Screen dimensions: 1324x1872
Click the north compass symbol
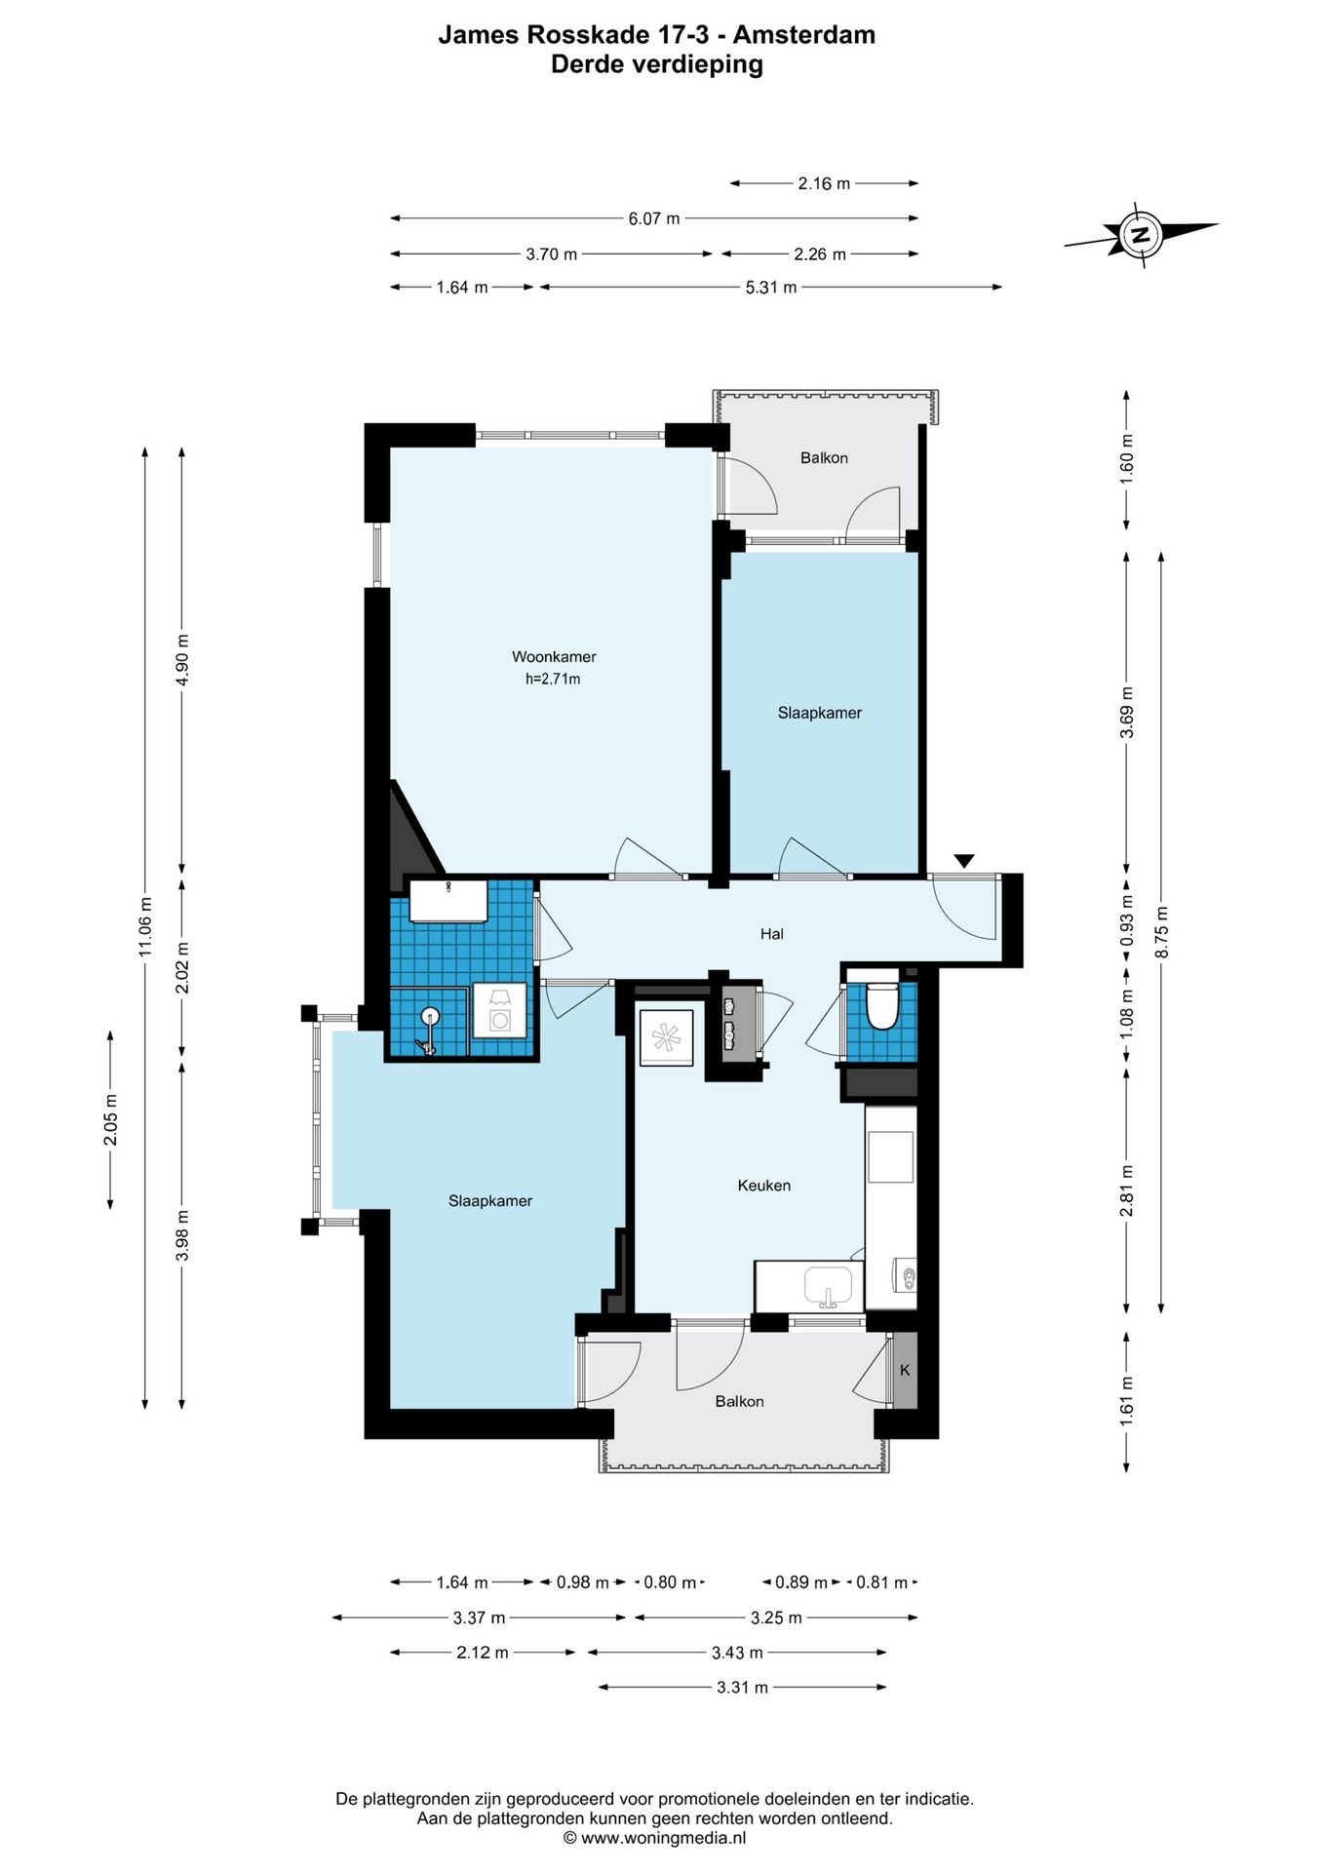click(1140, 234)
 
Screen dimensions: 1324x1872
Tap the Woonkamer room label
click(554, 657)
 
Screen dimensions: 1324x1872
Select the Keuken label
click(764, 1186)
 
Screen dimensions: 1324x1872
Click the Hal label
click(772, 934)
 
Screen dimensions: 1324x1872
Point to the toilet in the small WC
click(881, 1006)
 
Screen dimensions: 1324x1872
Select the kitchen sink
click(828, 1286)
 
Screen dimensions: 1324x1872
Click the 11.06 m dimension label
click(144, 927)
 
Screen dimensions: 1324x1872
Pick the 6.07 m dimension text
click(653, 218)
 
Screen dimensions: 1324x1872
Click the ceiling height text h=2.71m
click(553, 680)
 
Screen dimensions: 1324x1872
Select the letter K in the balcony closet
click(905, 1370)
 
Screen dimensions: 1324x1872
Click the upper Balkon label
click(824, 458)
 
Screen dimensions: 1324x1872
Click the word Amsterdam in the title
click(804, 35)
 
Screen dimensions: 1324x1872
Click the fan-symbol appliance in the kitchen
click(666, 1037)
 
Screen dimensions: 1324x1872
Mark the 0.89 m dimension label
click(800, 1582)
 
